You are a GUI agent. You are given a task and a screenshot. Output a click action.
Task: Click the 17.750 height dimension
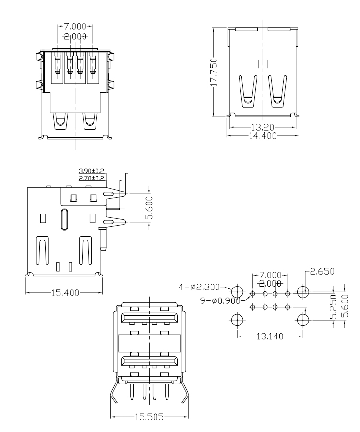(215, 72)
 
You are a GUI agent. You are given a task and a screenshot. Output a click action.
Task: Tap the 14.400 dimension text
(263, 136)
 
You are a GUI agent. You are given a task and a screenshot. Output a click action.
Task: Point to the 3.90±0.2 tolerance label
(92, 171)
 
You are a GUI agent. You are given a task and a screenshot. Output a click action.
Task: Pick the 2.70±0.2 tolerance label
(92, 178)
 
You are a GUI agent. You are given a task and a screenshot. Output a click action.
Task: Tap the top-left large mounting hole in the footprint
(238, 292)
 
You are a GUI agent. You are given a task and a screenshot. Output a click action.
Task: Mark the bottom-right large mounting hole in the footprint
(302, 320)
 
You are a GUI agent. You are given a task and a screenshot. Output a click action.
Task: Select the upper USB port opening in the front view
(149, 318)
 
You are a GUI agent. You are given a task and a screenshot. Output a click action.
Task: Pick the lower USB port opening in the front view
(149, 361)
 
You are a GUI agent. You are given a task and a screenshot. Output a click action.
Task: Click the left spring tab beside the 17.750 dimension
(248, 91)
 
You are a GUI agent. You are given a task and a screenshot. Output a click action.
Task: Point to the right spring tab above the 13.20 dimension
(278, 91)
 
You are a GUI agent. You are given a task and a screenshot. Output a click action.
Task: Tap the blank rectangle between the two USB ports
(149, 343)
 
